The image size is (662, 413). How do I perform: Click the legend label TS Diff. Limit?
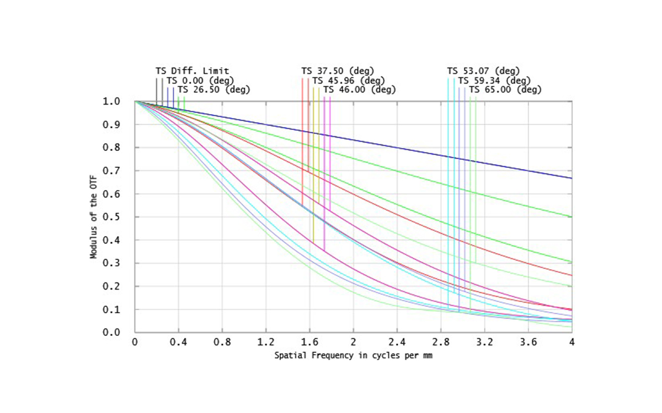(192, 71)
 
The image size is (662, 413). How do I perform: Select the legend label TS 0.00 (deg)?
(200, 80)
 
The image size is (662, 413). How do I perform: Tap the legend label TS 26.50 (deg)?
(213, 89)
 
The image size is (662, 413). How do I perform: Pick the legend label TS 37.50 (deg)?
(338, 71)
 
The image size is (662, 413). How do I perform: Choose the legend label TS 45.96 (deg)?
(348, 80)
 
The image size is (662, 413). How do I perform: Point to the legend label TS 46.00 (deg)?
(359, 89)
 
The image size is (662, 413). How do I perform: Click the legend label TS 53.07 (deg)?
(483, 71)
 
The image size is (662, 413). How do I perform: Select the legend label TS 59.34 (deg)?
(494, 80)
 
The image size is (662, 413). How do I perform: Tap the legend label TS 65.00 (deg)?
(505, 89)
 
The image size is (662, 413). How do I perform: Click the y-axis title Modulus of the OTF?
(94, 216)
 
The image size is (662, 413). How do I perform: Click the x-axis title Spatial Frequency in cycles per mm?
(353, 356)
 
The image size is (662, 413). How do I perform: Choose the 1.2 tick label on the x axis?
(266, 341)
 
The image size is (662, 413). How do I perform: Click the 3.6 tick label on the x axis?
(528, 341)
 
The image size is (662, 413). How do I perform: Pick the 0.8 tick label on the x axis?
(222, 341)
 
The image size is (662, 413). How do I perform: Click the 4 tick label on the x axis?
(572, 341)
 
